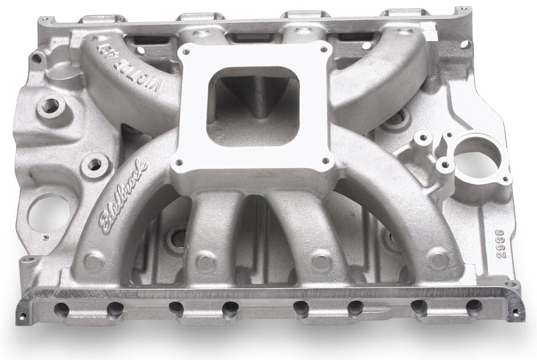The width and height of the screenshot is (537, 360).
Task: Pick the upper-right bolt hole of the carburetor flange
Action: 325,49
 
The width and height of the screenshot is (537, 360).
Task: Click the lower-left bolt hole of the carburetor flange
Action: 178,162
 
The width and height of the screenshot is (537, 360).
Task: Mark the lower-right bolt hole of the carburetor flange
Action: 326,161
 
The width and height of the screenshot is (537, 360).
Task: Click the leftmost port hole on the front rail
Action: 62,308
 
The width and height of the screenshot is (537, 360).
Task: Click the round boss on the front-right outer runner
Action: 437,257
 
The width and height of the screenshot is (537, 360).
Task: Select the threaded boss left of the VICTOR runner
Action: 51,104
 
